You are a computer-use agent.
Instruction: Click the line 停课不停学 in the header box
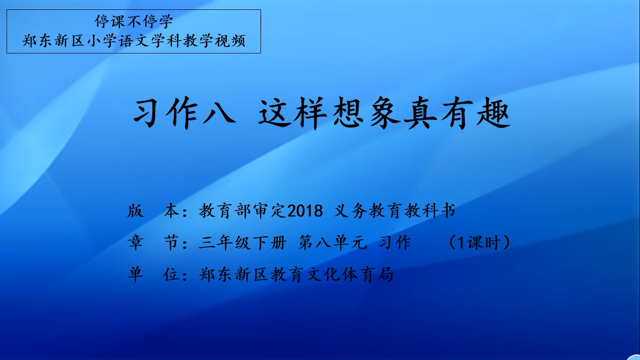coord(134,22)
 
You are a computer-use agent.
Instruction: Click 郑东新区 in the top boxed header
coord(53,41)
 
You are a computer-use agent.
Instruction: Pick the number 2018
coord(305,211)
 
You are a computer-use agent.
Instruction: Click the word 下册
coord(269,243)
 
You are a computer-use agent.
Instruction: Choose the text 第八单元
coord(333,243)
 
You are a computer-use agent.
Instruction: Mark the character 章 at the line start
coord(135,243)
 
